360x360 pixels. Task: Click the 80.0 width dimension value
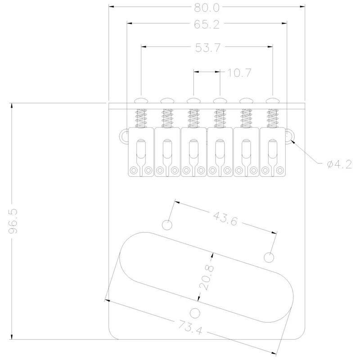click(207, 8)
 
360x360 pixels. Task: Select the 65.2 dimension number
click(207, 24)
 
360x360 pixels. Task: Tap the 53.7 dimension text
click(208, 48)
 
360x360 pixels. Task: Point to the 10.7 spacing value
click(239, 73)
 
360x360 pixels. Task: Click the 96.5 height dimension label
click(13, 221)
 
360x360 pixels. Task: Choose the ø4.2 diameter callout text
click(339, 164)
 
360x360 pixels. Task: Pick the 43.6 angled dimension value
click(225, 219)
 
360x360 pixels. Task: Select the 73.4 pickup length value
click(190, 327)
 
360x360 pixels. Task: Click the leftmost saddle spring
click(141, 118)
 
